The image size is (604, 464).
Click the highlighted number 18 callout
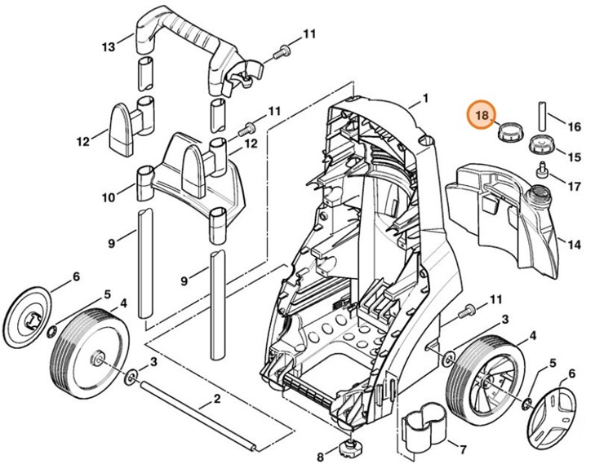point(482,116)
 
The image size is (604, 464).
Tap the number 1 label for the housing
point(425,99)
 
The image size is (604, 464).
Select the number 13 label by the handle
point(109,46)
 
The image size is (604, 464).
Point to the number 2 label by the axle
point(217,399)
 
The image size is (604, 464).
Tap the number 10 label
point(109,197)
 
